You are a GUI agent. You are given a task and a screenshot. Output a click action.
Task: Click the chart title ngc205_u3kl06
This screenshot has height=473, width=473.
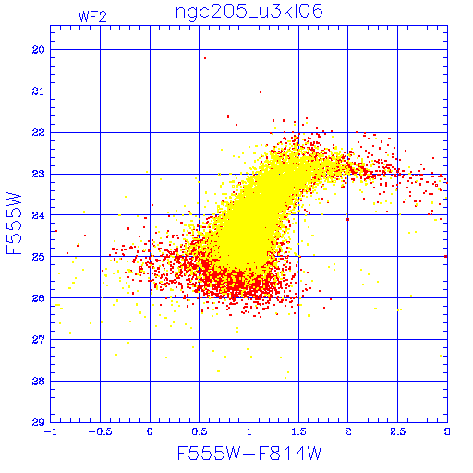(x=249, y=12)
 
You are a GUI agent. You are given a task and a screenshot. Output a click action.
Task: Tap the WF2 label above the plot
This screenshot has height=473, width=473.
(x=92, y=17)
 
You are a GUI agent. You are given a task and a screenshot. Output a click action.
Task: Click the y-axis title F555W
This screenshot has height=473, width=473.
(x=14, y=224)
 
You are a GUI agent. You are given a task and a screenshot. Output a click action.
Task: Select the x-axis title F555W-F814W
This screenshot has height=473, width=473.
(x=249, y=454)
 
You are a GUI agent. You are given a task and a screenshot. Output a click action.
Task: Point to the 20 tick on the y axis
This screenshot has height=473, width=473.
(x=38, y=50)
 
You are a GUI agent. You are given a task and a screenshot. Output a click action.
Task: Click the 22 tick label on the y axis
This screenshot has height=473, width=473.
(x=38, y=133)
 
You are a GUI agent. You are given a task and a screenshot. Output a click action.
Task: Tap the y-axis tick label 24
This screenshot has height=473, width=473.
(x=38, y=215)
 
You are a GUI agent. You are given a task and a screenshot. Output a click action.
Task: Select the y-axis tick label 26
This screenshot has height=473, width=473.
(x=38, y=298)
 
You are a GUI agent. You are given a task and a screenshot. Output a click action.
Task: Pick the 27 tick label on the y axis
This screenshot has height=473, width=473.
(x=38, y=340)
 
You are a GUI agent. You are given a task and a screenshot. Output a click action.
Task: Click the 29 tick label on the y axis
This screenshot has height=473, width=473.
(x=38, y=422)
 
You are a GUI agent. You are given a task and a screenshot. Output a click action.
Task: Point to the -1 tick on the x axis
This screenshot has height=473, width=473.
(x=50, y=431)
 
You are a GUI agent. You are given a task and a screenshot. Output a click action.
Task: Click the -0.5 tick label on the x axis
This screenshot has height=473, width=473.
(x=100, y=431)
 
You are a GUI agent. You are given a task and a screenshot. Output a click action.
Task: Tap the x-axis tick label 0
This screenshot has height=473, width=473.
(x=150, y=431)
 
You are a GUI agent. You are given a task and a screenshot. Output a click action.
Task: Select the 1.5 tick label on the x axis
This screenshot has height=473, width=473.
(x=298, y=431)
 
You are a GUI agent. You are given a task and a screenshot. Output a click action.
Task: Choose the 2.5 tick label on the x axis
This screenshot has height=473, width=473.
(x=397, y=431)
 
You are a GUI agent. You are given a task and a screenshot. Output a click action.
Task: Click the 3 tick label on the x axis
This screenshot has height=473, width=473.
(x=447, y=431)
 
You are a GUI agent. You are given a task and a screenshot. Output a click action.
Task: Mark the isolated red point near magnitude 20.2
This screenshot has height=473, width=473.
(x=205, y=58)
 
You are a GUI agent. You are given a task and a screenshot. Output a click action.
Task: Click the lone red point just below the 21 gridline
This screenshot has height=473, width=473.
(x=261, y=92)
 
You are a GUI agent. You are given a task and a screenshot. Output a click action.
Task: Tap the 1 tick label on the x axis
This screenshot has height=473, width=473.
(x=249, y=431)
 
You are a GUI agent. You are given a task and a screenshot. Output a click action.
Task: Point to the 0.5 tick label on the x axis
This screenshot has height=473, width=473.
(x=200, y=431)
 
